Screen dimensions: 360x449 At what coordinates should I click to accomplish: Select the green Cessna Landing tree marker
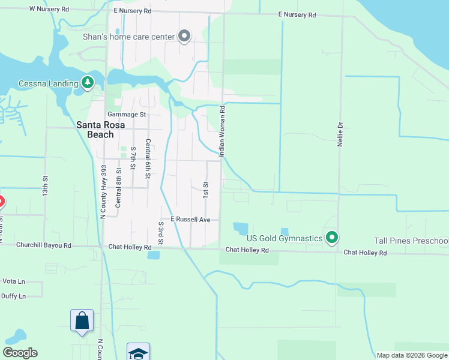pos(88,83)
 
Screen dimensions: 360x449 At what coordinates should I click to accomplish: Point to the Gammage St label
pos(127,114)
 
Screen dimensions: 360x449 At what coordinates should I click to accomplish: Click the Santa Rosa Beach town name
pos(95,130)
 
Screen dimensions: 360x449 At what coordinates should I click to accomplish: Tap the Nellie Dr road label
pos(340,133)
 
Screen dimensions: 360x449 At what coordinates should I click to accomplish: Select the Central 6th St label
pos(148,159)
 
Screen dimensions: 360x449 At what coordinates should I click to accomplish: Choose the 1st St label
pos(205,191)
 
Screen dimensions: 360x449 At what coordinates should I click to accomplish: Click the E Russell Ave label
pos(190,220)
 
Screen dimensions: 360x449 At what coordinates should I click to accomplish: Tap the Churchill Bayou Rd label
pos(44,245)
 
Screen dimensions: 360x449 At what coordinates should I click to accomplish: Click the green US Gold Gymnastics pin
pos(331,238)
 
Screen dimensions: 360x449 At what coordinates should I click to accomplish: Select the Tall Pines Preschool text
pos(411,241)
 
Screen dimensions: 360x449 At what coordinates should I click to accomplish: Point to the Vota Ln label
pos(13,281)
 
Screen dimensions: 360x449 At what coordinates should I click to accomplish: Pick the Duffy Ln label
pos(14,296)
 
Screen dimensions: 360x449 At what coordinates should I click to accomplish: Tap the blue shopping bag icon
pos(82,320)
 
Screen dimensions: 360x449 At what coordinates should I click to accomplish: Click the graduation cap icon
pos(138,353)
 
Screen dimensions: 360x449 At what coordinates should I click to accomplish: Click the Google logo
pos(20,353)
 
